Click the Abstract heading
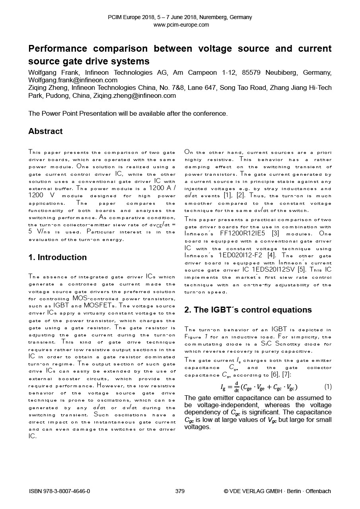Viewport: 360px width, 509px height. coord(45,131)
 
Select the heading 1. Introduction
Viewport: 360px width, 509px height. coord(57,257)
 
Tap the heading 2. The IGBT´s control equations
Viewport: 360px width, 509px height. coord(248,310)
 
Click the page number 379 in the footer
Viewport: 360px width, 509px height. coord(180,491)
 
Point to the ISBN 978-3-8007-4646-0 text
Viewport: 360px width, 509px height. coord(60,491)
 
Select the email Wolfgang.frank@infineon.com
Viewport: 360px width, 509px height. coord(73,80)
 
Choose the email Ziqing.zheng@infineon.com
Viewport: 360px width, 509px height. coord(134,95)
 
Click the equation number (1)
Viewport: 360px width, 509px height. coord(327,387)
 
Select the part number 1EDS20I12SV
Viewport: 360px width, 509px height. coord(275,270)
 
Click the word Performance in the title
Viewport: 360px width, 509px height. coord(57,49)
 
